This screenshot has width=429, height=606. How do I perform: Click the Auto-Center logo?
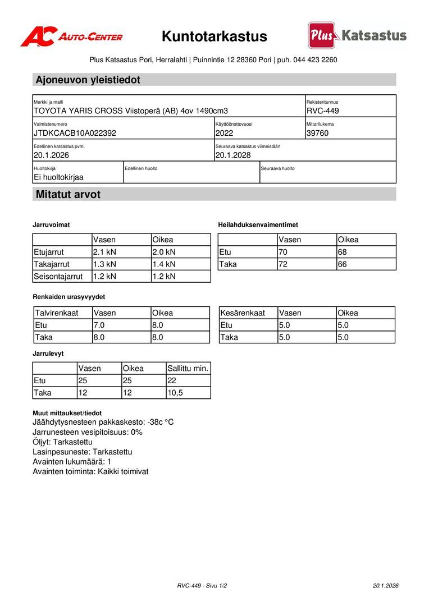tap(71, 36)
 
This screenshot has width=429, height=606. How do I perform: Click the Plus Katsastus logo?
tap(357, 35)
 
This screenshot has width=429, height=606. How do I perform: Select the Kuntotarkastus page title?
tap(214, 36)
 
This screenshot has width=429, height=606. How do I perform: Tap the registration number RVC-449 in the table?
tap(323, 111)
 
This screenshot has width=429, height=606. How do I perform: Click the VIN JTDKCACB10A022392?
tap(75, 134)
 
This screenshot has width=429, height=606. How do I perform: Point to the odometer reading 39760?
tap(318, 134)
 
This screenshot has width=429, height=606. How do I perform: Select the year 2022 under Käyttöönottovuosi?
tap(224, 134)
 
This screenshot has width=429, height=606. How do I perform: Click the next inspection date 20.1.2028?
tap(233, 155)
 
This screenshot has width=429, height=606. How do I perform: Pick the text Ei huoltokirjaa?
tap(58, 177)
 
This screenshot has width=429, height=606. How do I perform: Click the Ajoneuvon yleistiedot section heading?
tap(88, 80)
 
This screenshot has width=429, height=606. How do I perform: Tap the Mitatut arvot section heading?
tap(68, 195)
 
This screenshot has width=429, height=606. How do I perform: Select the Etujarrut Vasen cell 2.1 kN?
tap(104, 252)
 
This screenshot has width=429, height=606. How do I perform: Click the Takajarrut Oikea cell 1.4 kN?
tap(164, 264)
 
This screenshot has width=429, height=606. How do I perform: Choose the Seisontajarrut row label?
tap(58, 277)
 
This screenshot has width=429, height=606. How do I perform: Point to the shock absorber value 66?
tap(343, 264)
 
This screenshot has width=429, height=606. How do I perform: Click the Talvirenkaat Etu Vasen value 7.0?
tap(99, 325)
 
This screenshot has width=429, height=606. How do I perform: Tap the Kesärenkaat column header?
tap(243, 313)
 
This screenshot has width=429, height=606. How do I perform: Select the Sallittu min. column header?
tap(188, 369)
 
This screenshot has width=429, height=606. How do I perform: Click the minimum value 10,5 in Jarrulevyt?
tap(175, 393)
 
